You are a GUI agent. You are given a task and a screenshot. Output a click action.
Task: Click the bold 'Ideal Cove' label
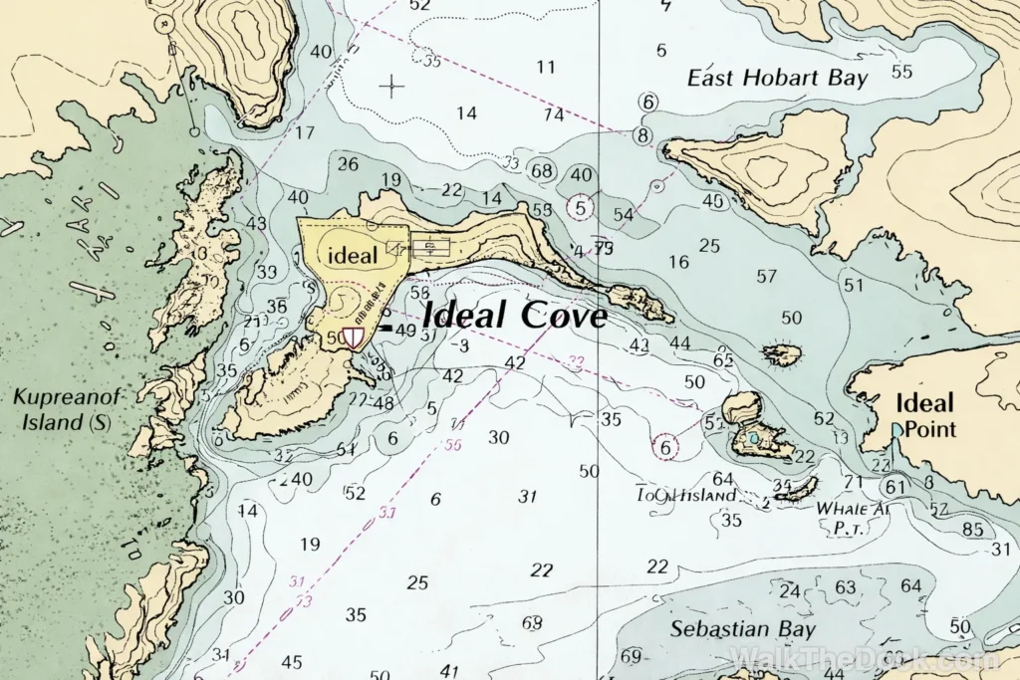(x=515, y=316)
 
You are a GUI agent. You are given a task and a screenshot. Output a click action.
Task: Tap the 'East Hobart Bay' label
(x=778, y=78)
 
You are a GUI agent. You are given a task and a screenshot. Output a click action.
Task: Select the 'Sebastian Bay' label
(x=742, y=629)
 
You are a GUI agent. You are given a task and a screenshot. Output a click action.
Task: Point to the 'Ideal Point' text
(x=924, y=416)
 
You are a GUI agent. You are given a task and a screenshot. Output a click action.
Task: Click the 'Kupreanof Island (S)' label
(x=67, y=409)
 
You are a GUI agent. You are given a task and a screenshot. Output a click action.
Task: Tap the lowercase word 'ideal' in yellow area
(x=353, y=256)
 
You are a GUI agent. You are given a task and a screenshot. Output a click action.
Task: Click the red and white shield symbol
(x=353, y=338)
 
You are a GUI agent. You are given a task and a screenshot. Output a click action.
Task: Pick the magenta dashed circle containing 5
(x=581, y=208)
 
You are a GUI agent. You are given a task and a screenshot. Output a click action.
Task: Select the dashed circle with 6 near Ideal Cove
(x=665, y=448)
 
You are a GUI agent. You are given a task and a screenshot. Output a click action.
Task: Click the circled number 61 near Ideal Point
(x=895, y=487)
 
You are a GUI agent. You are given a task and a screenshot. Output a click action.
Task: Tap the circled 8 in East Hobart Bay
(x=643, y=134)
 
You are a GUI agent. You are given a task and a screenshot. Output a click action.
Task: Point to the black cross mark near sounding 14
(x=392, y=86)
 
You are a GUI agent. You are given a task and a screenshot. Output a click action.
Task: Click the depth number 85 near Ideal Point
(x=972, y=529)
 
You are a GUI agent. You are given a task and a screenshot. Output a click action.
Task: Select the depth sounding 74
(x=554, y=113)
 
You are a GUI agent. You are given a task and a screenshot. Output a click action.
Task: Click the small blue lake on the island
(x=754, y=438)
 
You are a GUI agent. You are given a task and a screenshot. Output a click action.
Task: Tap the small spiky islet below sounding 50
(x=782, y=353)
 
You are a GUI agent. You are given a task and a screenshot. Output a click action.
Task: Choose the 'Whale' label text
(x=839, y=508)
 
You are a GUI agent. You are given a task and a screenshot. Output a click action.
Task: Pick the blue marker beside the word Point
(x=897, y=430)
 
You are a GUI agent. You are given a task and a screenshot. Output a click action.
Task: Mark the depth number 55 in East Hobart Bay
(x=902, y=72)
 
